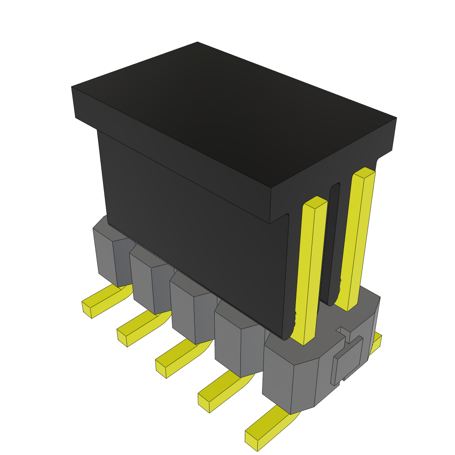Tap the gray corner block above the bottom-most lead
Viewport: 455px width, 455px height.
[289, 382]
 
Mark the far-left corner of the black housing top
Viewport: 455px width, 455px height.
[72, 88]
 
